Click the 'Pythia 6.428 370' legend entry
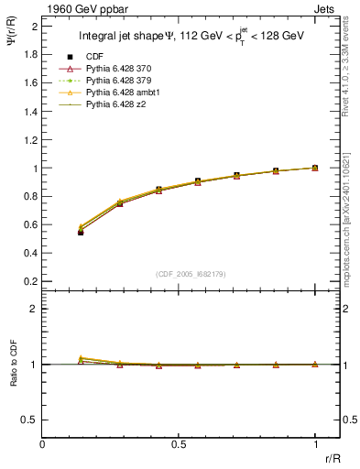tap(113, 70)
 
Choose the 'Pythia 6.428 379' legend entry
tap(113, 82)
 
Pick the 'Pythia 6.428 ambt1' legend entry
tap(115, 93)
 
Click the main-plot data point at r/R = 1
tap(315, 168)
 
